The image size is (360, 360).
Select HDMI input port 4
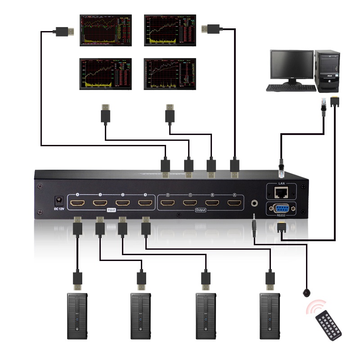pyautogui.click(x=77, y=203)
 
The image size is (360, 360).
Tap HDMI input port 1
pyautogui.click(x=145, y=203)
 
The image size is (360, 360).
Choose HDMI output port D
pyautogui.click(x=167, y=203)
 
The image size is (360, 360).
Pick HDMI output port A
pyautogui.click(x=234, y=203)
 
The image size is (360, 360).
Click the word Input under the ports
pyautogui.click(x=111, y=210)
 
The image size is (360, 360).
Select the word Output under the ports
pyautogui.click(x=201, y=210)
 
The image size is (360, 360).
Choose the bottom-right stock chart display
pyautogui.click(x=170, y=73)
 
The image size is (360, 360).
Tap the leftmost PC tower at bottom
pyautogui.click(x=77, y=316)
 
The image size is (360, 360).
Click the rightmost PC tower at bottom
pyautogui.click(x=270, y=316)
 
